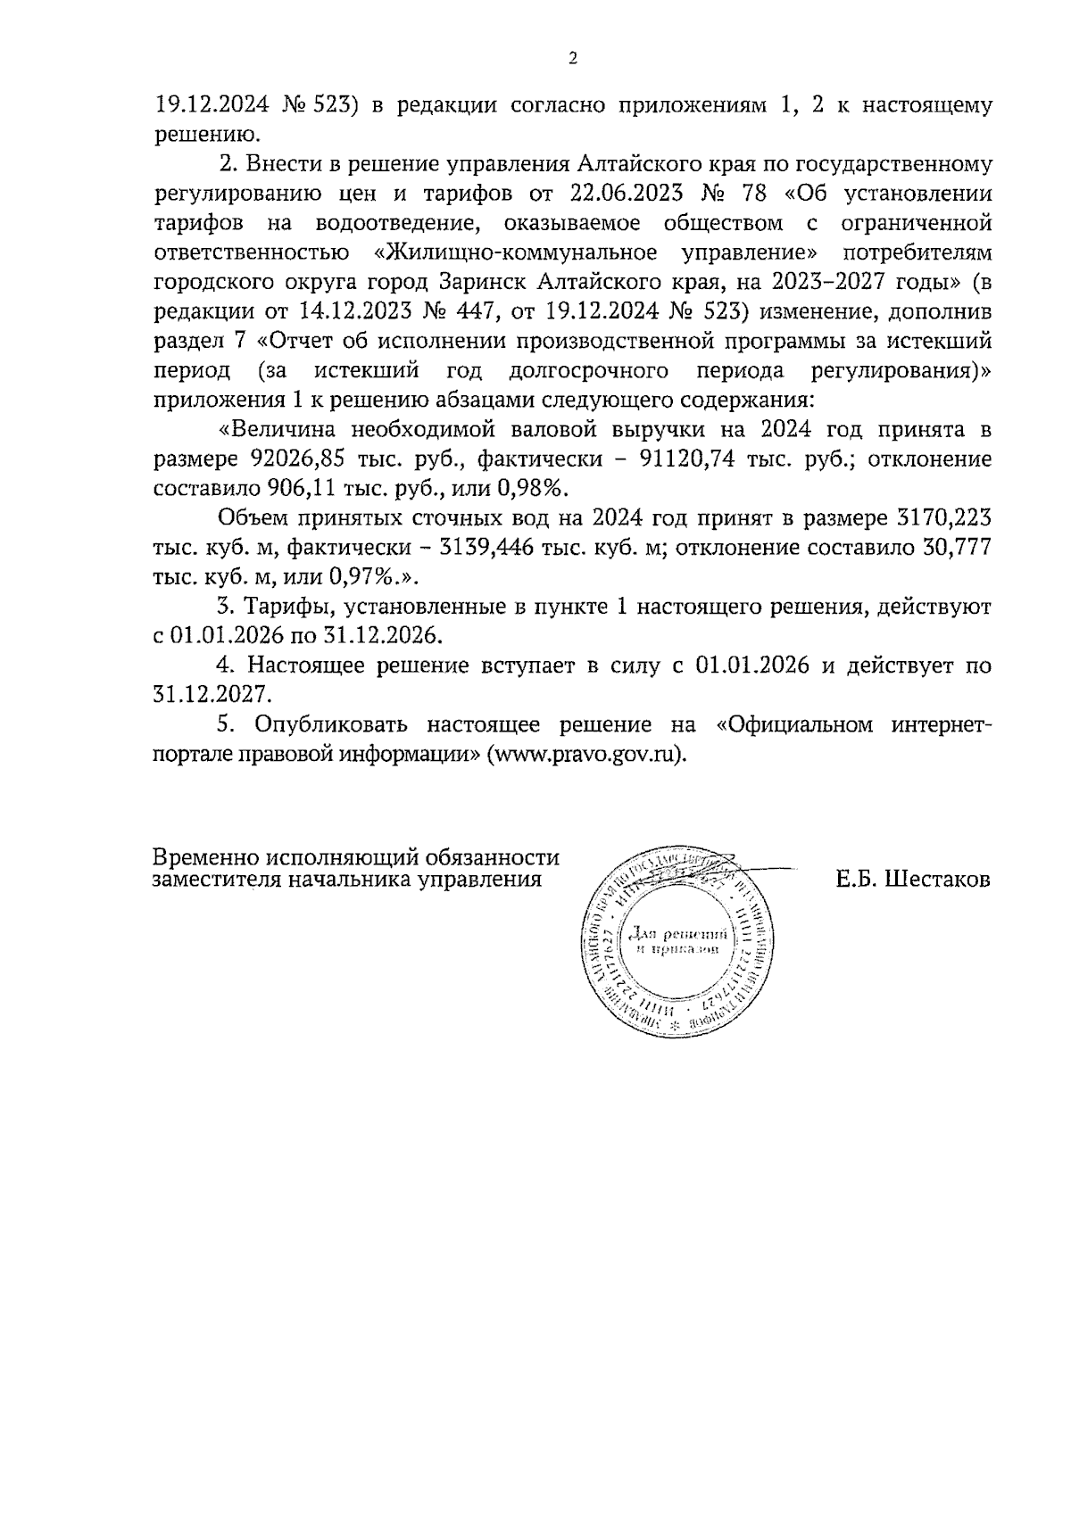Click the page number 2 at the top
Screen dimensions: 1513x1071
[573, 59]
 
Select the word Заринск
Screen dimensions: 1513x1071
[487, 282]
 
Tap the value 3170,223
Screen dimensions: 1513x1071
[942, 519]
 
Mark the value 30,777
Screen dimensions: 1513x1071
[956, 549]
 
